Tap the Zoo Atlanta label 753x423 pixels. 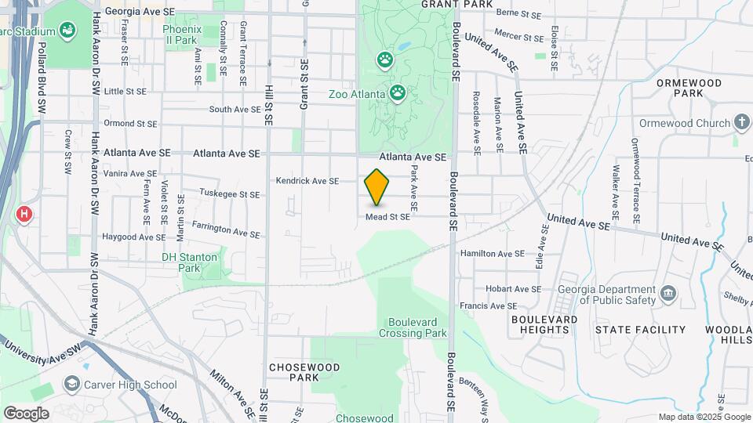pyautogui.click(x=357, y=94)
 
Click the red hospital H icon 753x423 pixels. pyautogui.click(x=24, y=214)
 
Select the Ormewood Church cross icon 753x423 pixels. pyautogui.click(x=742, y=123)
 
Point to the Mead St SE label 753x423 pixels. pyautogui.click(x=387, y=217)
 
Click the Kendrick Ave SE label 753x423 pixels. pyautogui.click(x=307, y=181)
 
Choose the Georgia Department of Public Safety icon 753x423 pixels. pyautogui.click(x=669, y=294)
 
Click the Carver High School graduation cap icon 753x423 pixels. pyautogui.click(x=72, y=384)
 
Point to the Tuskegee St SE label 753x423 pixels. pyautogui.click(x=229, y=194)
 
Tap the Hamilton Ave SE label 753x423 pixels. pyautogui.click(x=492, y=254)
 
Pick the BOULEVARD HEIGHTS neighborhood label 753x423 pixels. pyautogui.click(x=544, y=324)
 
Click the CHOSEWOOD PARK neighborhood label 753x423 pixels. pyautogui.click(x=304, y=372)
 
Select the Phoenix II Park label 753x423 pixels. pyautogui.click(x=181, y=34)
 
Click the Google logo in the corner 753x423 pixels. pyautogui.click(x=26, y=413)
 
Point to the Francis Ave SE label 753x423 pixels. pyautogui.click(x=489, y=306)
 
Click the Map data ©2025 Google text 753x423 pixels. pyautogui.click(x=704, y=417)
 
